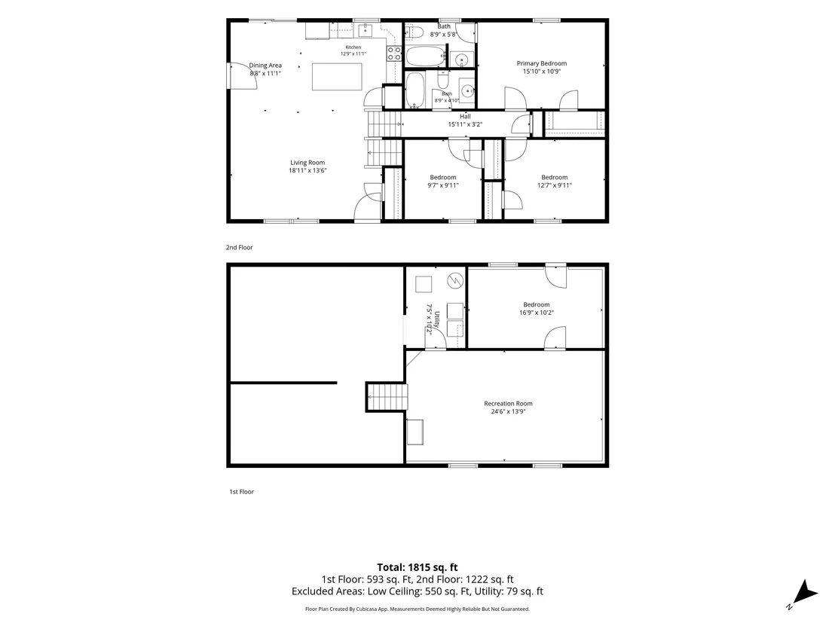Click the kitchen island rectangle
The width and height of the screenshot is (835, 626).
[x=337, y=77]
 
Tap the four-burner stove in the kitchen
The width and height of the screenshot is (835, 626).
[x=394, y=53]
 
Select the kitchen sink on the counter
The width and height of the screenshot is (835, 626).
[x=366, y=30]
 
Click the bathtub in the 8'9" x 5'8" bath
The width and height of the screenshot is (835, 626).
[x=426, y=56]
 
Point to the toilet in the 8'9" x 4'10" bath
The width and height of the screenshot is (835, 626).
[x=443, y=81]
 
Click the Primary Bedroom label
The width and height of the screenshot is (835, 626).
[x=542, y=63]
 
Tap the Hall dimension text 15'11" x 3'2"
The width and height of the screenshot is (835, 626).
[x=465, y=124]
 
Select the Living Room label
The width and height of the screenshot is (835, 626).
[x=307, y=163]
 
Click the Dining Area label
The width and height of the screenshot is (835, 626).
[x=265, y=66]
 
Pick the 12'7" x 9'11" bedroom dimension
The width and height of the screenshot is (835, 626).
[x=555, y=185]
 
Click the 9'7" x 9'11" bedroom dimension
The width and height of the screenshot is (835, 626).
[x=443, y=185]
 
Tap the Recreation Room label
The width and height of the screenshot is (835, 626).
[x=508, y=404]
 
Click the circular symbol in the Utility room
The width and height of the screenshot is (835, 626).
[x=455, y=280]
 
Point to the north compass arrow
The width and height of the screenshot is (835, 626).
[x=805, y=592]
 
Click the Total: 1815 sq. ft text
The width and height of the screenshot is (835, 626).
[x=417, y=567]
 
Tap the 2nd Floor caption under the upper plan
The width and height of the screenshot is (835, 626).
[x=239, y=248]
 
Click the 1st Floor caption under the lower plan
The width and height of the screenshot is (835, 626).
[x=241, y=492]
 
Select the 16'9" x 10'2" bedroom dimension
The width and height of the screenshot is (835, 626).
[x=537, y=313]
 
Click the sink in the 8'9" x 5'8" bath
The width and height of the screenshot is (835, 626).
[x=462, y=59]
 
